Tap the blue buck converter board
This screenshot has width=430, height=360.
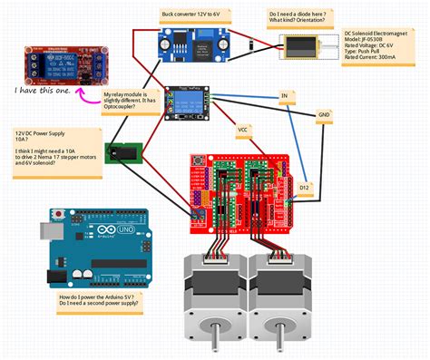[x=191, y=44]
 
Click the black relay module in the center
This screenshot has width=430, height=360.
[x=187, y=104]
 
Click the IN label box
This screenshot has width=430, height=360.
[x=283, y=95]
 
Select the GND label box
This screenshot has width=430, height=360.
[x=324, y=115]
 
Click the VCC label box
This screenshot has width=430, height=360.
[x=242, y=130]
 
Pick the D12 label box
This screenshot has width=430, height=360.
[x=303, y=188]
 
